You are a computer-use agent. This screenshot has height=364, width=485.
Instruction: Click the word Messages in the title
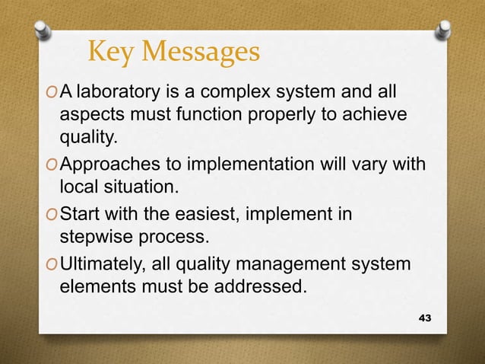[x=202, y=53]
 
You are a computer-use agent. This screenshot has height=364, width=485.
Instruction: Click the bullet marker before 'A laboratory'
[x=50, y=94]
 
